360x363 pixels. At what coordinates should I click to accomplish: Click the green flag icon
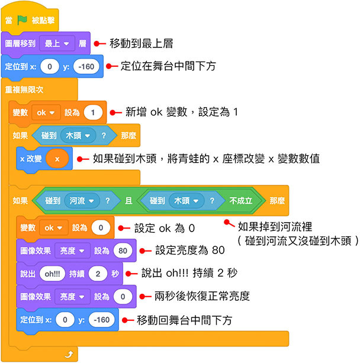point(22,18)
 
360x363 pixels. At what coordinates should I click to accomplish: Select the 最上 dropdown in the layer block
point(56,43)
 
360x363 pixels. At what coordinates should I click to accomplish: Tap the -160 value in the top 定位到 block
point(88,66)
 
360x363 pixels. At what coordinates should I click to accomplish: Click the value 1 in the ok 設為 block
point(94,112)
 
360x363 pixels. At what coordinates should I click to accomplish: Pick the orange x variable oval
point(57,158)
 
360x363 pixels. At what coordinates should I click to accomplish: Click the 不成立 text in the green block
point(241,201)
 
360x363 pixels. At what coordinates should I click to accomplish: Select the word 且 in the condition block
point(128,201)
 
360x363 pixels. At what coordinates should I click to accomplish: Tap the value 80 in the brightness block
point(123,250)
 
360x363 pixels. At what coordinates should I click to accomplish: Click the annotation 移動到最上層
point(142,43)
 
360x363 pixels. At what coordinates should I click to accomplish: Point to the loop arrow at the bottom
point(70,354)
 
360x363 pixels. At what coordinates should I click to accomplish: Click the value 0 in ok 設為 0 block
point(101,227)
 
